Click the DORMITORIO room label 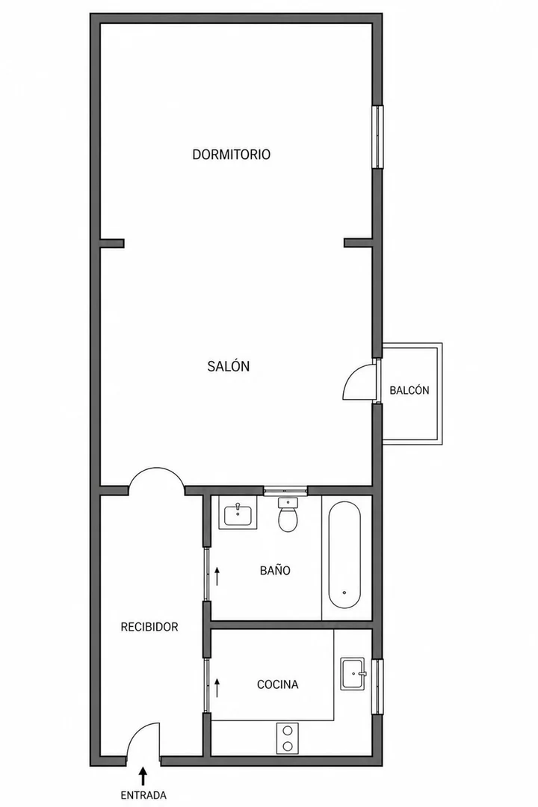pyautogui.click(x=231, y=155)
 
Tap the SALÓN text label pyautogui.click(x=229, y=366)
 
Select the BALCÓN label pyautogui.click(x=409, y=390)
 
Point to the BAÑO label pyautogui.click(x=275, y=570)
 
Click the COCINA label pyautogui.click(x=277, y=684)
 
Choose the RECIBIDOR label pyautogui.click(x=149, y=627)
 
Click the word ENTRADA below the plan pyautogui.click(x=143, y=795)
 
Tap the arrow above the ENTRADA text pyautogui.click(x=143, y=776)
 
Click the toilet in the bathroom pyautogui.click(x=288, y=515)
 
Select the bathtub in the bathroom pyautogui.click(x=344, y=554)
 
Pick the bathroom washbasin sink pyautogui.click(x=238, y=513)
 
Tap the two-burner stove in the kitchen pyautogui.click(x=287, y=738)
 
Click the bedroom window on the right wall pyautogui.click(x=378, y=137)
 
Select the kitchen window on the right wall pyautogui.click(x=378, y=687)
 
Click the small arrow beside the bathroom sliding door pyautogui.click(x=217, y=576)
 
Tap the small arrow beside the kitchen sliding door pyautogui.click(x=217, y=687)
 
